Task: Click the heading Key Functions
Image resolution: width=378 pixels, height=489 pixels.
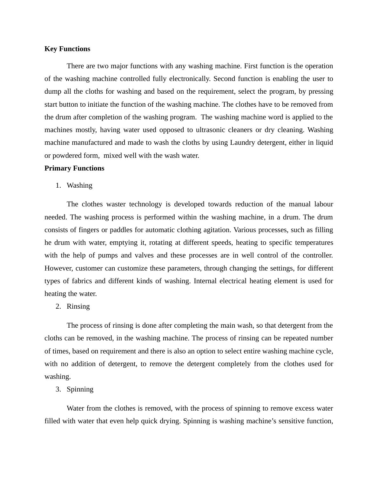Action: pyautogui.click(x=67, y=49)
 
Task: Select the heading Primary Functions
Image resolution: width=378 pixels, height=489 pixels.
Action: pyautogui.click(x=74, y=168)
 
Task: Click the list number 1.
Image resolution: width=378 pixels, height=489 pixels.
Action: pyautogui.click(x=58, y=185)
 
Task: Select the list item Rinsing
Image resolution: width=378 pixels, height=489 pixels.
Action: pyautogui.click(x=78, y=306)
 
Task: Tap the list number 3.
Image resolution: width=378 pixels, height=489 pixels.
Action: pyautogui.click(x=58, y=389)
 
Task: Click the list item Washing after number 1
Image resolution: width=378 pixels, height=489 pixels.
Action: pyautogui.click(x=79, y=185)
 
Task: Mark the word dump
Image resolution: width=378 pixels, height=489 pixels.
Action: pyautogui.click(x=53, y=91)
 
